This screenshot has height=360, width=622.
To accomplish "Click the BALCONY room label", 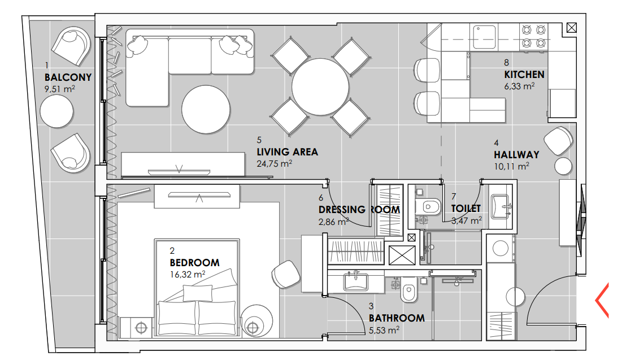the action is click(68, 77).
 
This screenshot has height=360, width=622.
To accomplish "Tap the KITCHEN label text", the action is click(524, 75).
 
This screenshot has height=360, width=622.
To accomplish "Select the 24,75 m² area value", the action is click(274, 163).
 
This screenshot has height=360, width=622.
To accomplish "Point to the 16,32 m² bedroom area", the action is click(187, 274).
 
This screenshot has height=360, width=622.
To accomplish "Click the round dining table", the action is click(320, 87).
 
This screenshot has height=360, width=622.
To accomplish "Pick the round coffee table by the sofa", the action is click(206, 109).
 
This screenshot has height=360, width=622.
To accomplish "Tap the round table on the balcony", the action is click(56, 111).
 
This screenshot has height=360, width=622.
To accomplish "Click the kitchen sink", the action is click(484, 37).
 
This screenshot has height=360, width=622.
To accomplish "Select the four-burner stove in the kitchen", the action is click(533, 36).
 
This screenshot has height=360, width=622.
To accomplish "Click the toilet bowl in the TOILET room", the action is click(428, 207).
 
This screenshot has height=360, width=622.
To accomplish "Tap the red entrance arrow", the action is click(602, 300).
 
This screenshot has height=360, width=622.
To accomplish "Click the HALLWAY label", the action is click(516, 155).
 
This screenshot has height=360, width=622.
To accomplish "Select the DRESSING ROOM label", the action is click(359, 210).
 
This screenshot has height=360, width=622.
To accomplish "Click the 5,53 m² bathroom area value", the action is click(384, 330).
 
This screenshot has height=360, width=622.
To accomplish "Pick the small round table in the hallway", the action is click(563, 166).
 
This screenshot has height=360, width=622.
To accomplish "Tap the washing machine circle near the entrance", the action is click(500, 249).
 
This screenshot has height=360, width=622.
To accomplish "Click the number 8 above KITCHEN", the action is click(507, 62).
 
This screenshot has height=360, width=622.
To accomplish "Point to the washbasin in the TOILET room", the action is click(500, 206).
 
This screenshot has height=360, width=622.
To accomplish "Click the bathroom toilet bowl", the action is click(408, 290).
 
